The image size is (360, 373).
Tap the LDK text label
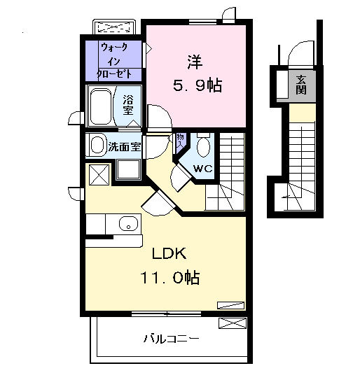[165, 253]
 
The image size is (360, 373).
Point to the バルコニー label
[172, 339]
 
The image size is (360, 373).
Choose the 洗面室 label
[125, 147]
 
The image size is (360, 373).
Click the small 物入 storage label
[179, 140]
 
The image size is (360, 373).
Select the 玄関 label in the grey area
[301, 84]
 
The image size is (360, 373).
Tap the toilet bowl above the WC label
[203, 146]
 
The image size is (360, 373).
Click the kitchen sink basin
[127, 225]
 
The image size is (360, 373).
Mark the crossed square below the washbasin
[98, 173]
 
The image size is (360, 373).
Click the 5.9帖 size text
[197, 86]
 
